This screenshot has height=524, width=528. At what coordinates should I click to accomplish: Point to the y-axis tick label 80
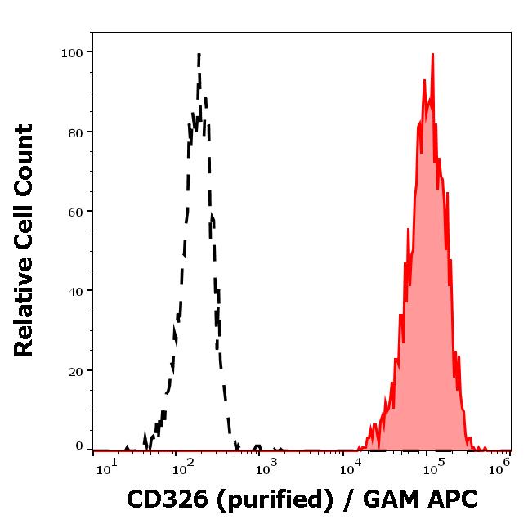[x=74, y=132]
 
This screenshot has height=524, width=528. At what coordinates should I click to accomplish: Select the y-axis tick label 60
[x=74, y=212]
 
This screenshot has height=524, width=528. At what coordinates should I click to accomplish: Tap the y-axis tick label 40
[x=74, y=291]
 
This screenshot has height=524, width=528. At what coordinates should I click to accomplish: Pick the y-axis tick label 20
[x=74, y=370]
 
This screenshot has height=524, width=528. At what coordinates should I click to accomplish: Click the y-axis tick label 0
[x=78, y=446]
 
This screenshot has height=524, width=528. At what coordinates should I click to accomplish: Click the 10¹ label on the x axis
[x=108, y=468]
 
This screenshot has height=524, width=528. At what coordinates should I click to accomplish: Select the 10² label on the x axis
[x=182, y=468]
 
